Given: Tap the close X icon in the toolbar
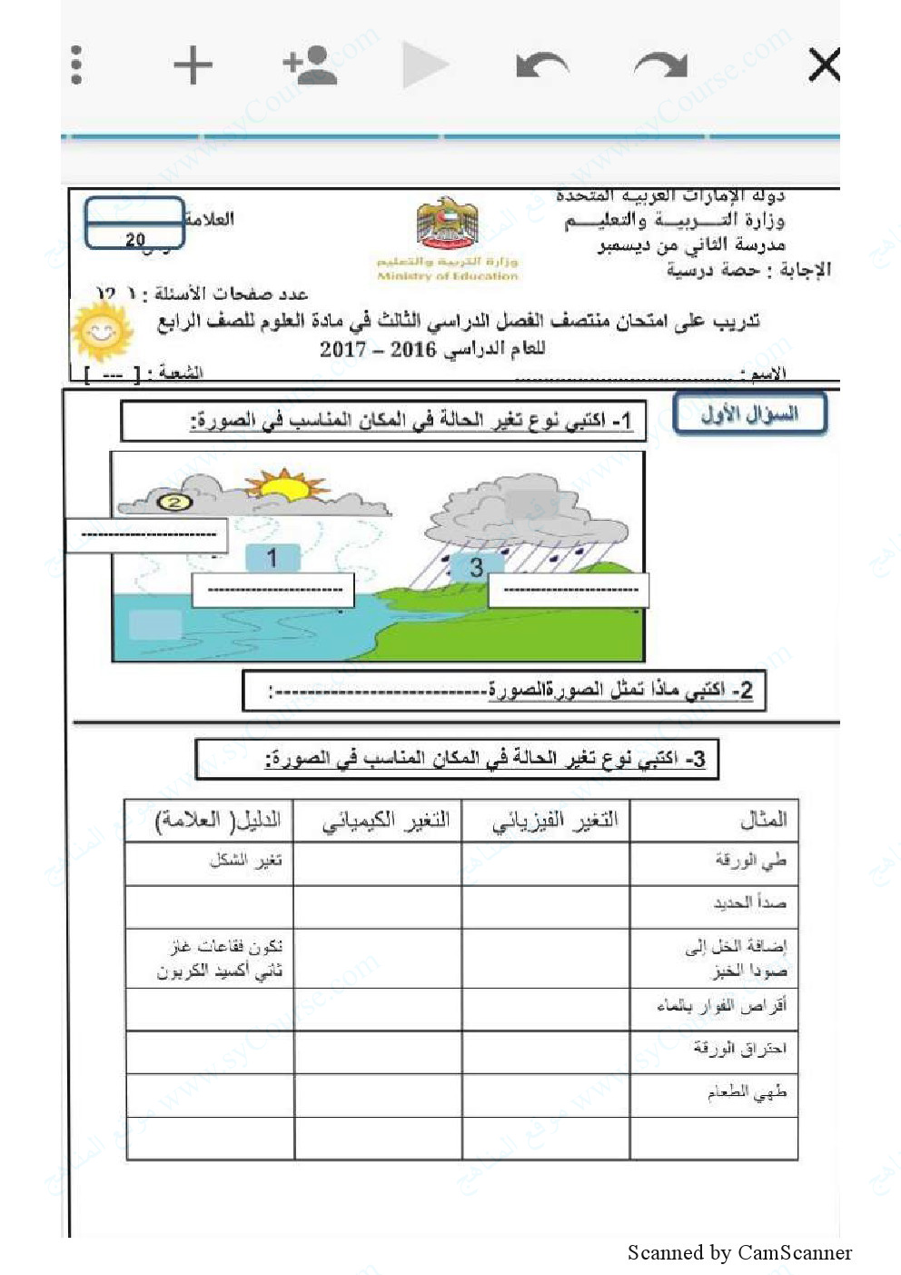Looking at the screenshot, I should coord(823,65).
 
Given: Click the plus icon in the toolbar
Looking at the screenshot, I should coord(193,65).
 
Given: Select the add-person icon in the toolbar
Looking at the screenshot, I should coord(311,65).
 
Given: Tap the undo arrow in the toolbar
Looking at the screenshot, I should coord(542,65).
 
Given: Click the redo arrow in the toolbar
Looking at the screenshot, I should coord(660,65).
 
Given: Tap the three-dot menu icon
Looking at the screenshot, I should coord(76,65).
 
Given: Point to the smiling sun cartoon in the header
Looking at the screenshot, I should coord(102,331).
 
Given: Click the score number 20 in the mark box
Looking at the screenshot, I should coord(135,240).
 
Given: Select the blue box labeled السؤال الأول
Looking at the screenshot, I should coord(749,414).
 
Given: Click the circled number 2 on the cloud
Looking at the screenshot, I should coord(175,501).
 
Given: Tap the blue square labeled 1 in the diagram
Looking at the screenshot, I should coord(272,557).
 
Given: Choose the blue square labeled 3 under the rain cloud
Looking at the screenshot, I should coord(476,568).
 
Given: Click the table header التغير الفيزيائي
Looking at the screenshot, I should coord(554,821).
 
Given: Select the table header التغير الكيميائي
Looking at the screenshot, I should coord(386,821).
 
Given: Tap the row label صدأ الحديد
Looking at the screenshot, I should coord(749,903).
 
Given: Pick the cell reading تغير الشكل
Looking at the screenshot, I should coord(245,861).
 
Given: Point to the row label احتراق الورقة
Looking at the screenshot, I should coord(739,1049).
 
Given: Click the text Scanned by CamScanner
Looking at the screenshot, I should coord(739,1253).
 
